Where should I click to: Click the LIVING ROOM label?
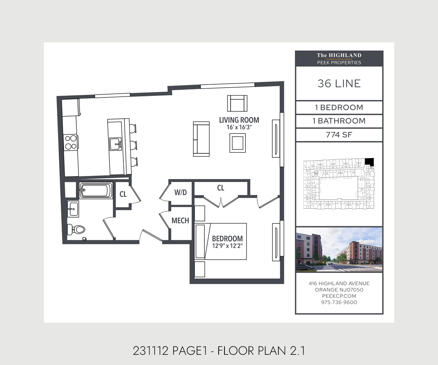pos(239,120)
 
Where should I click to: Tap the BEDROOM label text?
pos(227,238)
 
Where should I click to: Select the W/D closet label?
pos(180,192)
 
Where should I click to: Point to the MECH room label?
pos(180,220)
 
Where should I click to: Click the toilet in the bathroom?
pos(77,230)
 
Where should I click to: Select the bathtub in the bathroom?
pos(96,190)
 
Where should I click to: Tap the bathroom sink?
pos(73,209)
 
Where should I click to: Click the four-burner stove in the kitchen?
pos(70,142)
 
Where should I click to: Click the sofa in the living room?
pos(201,139)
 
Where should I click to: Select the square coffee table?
pos(238,143)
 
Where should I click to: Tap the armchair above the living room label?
pos(237,103)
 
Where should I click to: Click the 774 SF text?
pos(339,135)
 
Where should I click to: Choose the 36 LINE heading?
pos(339,84)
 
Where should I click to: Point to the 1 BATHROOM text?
pos(339,121)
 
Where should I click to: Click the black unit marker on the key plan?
pos(370,162)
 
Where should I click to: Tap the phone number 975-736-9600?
pos(339,302)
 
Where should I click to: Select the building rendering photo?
pos(339,250)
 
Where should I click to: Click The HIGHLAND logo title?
pos(339,55)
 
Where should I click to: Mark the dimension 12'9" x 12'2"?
pos(227,246)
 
